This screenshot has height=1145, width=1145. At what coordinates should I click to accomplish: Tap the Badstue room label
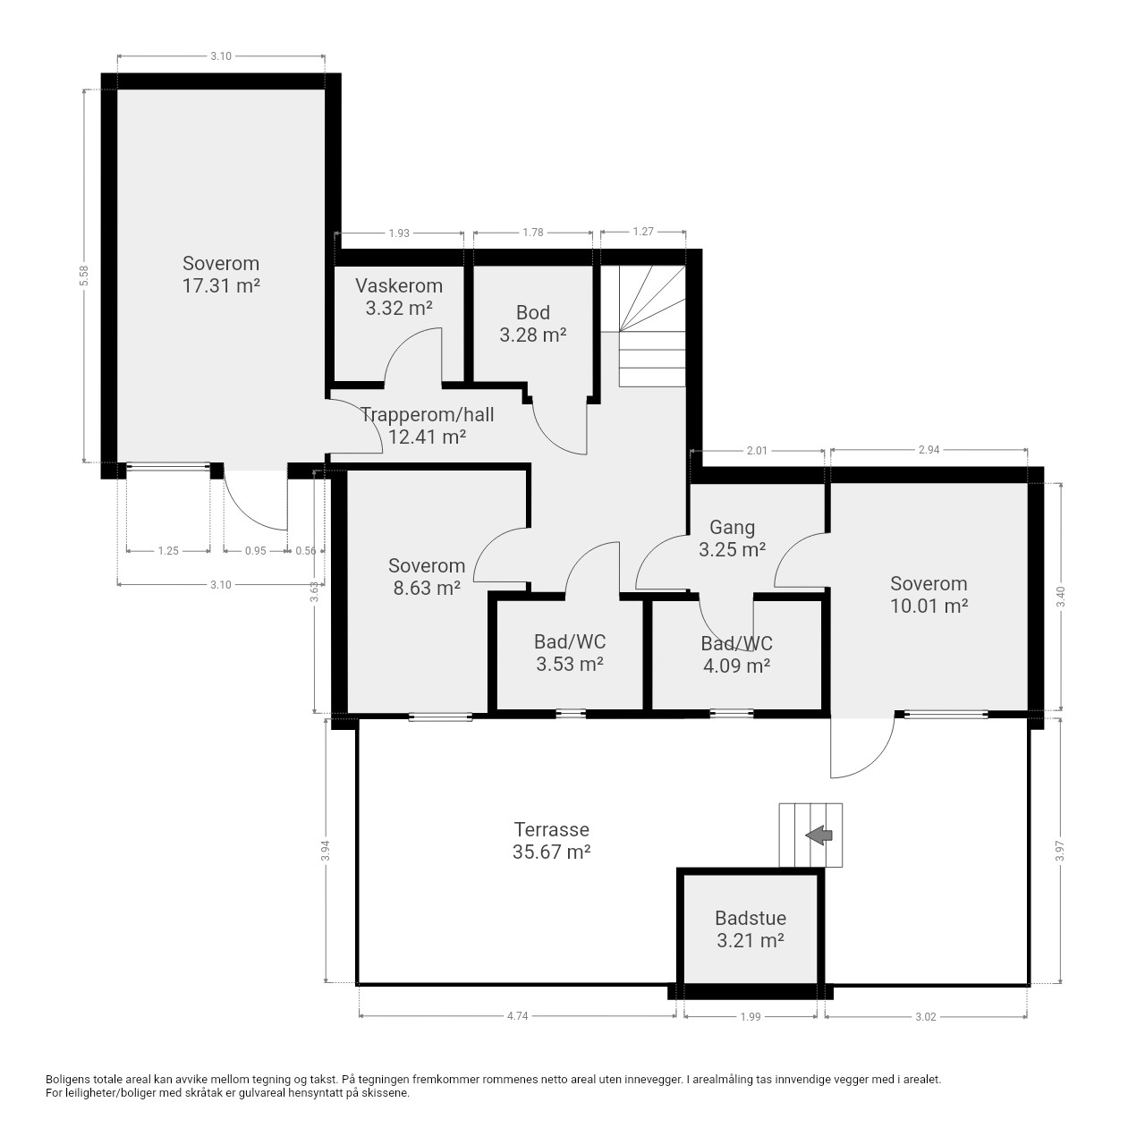pyautogui.click(x=751, y=918)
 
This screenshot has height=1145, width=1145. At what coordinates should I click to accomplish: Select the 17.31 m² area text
pyautogui.click(x=221, y=286)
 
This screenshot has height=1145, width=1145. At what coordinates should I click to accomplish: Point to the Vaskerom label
pyautogui.click(x=399, y=286)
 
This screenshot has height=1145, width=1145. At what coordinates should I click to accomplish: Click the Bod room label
pyautogui.click(x=533, y=312)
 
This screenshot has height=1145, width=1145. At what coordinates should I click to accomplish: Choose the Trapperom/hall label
pyautogui.click(x=428, y=415)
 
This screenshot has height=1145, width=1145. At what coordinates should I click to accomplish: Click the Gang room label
pyautogui.click(x=732, y=527)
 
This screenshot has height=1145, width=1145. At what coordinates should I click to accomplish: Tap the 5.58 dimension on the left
pyautogui.click(x=84, y=276)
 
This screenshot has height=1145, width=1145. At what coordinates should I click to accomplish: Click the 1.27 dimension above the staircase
pyautogui.click(x=643, y=232)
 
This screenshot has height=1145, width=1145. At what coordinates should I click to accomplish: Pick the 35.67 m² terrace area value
pyautogui.click(x=551, y=852)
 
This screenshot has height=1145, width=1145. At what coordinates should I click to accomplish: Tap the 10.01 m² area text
pyautogui.click(x=929, y=606)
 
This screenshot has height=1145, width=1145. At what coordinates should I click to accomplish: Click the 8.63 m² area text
pyautogui.click(x=427, y=589)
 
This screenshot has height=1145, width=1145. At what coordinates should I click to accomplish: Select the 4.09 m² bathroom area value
pyautogui.click(x=737, y=666)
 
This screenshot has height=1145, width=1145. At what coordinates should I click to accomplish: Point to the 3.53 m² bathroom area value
pyautogui.click(x=570, y=665)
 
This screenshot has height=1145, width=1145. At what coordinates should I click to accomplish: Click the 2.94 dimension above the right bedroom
pyautogui.click(x=929, y=450)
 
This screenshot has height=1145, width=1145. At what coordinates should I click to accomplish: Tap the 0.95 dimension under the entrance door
pyautogui.click(x=256, y=551)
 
